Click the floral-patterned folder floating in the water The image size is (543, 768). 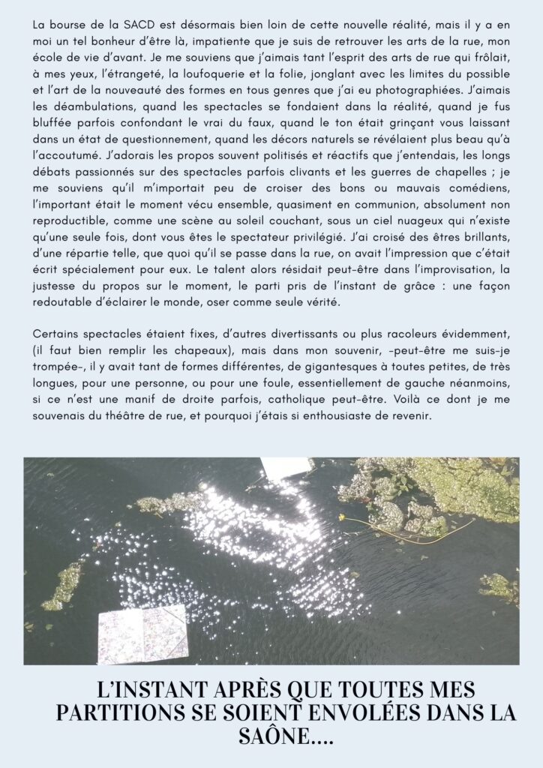143,634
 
